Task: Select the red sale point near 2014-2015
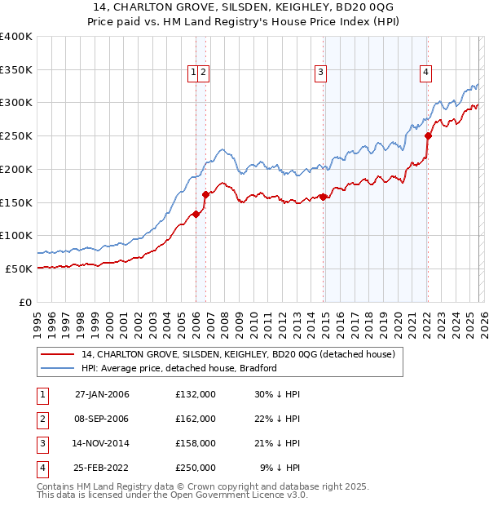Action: click(324, 197)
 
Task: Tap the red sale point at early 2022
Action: click(428, 136)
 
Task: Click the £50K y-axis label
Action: click(19, 269)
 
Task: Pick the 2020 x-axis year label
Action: click(397, 324)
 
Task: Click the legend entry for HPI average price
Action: click(179, 368)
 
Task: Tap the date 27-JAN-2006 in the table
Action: click(102, 394)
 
